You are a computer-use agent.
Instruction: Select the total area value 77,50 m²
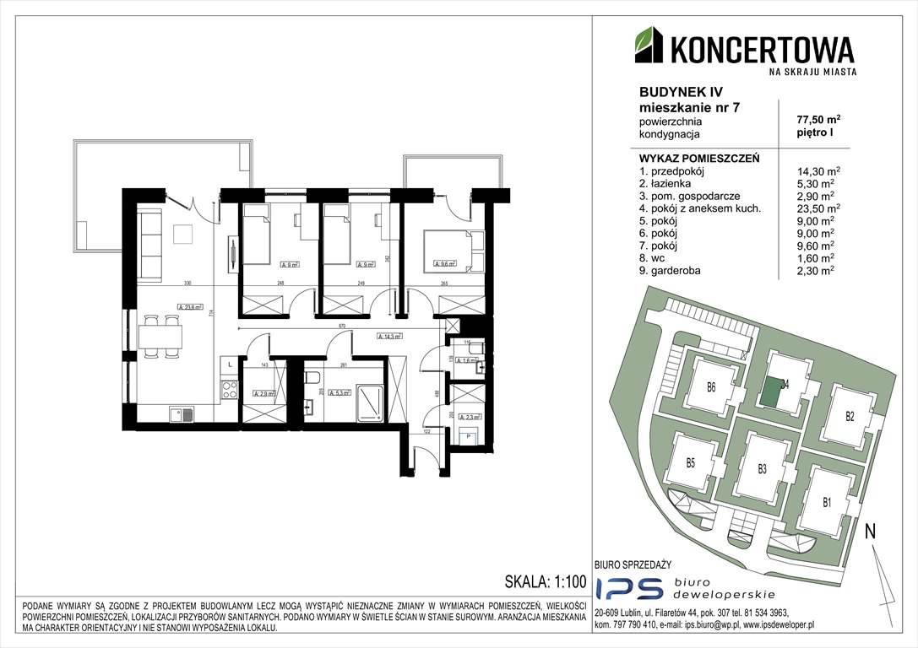(x=812, y=120)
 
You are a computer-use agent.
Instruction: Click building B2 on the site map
(x=850, y=416)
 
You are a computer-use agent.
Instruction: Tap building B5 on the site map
(x=690, y=462)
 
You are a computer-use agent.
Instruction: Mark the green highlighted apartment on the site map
(x=771, y=391)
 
